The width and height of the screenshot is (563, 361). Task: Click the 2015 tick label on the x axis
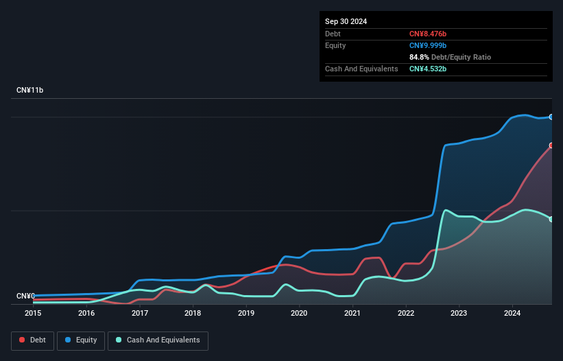pos(33,313)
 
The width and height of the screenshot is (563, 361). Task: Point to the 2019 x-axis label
pos(245,313)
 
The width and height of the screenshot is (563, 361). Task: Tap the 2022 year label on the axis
pos(405,313)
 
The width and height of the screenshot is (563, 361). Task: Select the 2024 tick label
pos(512,313)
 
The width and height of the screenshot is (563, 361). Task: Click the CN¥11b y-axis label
pos(31,91)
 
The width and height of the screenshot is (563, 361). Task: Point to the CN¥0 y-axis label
pos(26,296)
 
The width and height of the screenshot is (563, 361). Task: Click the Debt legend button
pos(34,340)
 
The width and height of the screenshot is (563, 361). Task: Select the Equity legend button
pos(81,340)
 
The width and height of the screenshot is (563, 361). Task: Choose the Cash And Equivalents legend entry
pos(158,340)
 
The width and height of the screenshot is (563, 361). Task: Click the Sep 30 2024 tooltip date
pos(346,21)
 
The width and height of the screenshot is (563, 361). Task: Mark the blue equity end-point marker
pos(551,117)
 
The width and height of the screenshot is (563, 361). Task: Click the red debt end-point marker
pos(551,145)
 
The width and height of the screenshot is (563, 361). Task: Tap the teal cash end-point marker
pos(551,219)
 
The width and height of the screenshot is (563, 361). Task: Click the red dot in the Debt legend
pos(23,340)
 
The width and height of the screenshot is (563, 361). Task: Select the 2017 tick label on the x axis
pos(139,313)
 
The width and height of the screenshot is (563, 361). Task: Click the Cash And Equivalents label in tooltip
pos(361,69)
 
